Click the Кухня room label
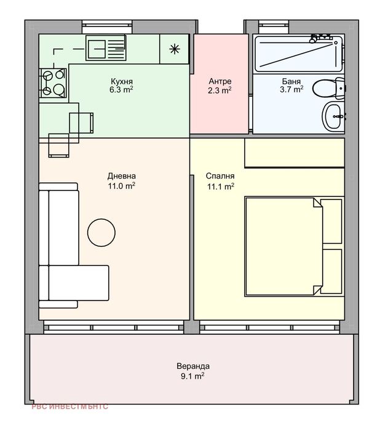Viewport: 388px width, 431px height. click(122, 81)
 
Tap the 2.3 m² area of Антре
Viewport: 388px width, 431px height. click(220, 90)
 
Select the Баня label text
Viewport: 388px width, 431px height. click(291, 81)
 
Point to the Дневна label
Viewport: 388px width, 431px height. click(121, 175)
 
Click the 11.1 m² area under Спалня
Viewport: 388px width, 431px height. click(221, 187)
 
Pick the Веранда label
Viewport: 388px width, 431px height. click(193, 366)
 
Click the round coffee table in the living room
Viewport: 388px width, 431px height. click(101, 233)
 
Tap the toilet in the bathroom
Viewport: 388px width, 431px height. click(328, 88)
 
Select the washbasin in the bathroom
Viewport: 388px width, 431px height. click(333, 116)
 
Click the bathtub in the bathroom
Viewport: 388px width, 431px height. click(298, 54)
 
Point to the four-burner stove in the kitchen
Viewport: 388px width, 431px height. click(53, 83)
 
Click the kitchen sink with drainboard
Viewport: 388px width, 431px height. click(106, 48)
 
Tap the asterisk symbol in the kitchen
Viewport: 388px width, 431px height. click(175, 49)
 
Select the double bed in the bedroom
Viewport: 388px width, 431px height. click(295, 246)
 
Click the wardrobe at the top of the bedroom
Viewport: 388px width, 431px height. click(295, 153)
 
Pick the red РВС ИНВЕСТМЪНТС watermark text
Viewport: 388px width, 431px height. click(69, 406)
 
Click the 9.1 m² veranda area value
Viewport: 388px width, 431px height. click(192, 376)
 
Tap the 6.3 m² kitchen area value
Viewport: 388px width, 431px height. click(121, 90)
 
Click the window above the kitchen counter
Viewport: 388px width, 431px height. click(108, 26)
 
